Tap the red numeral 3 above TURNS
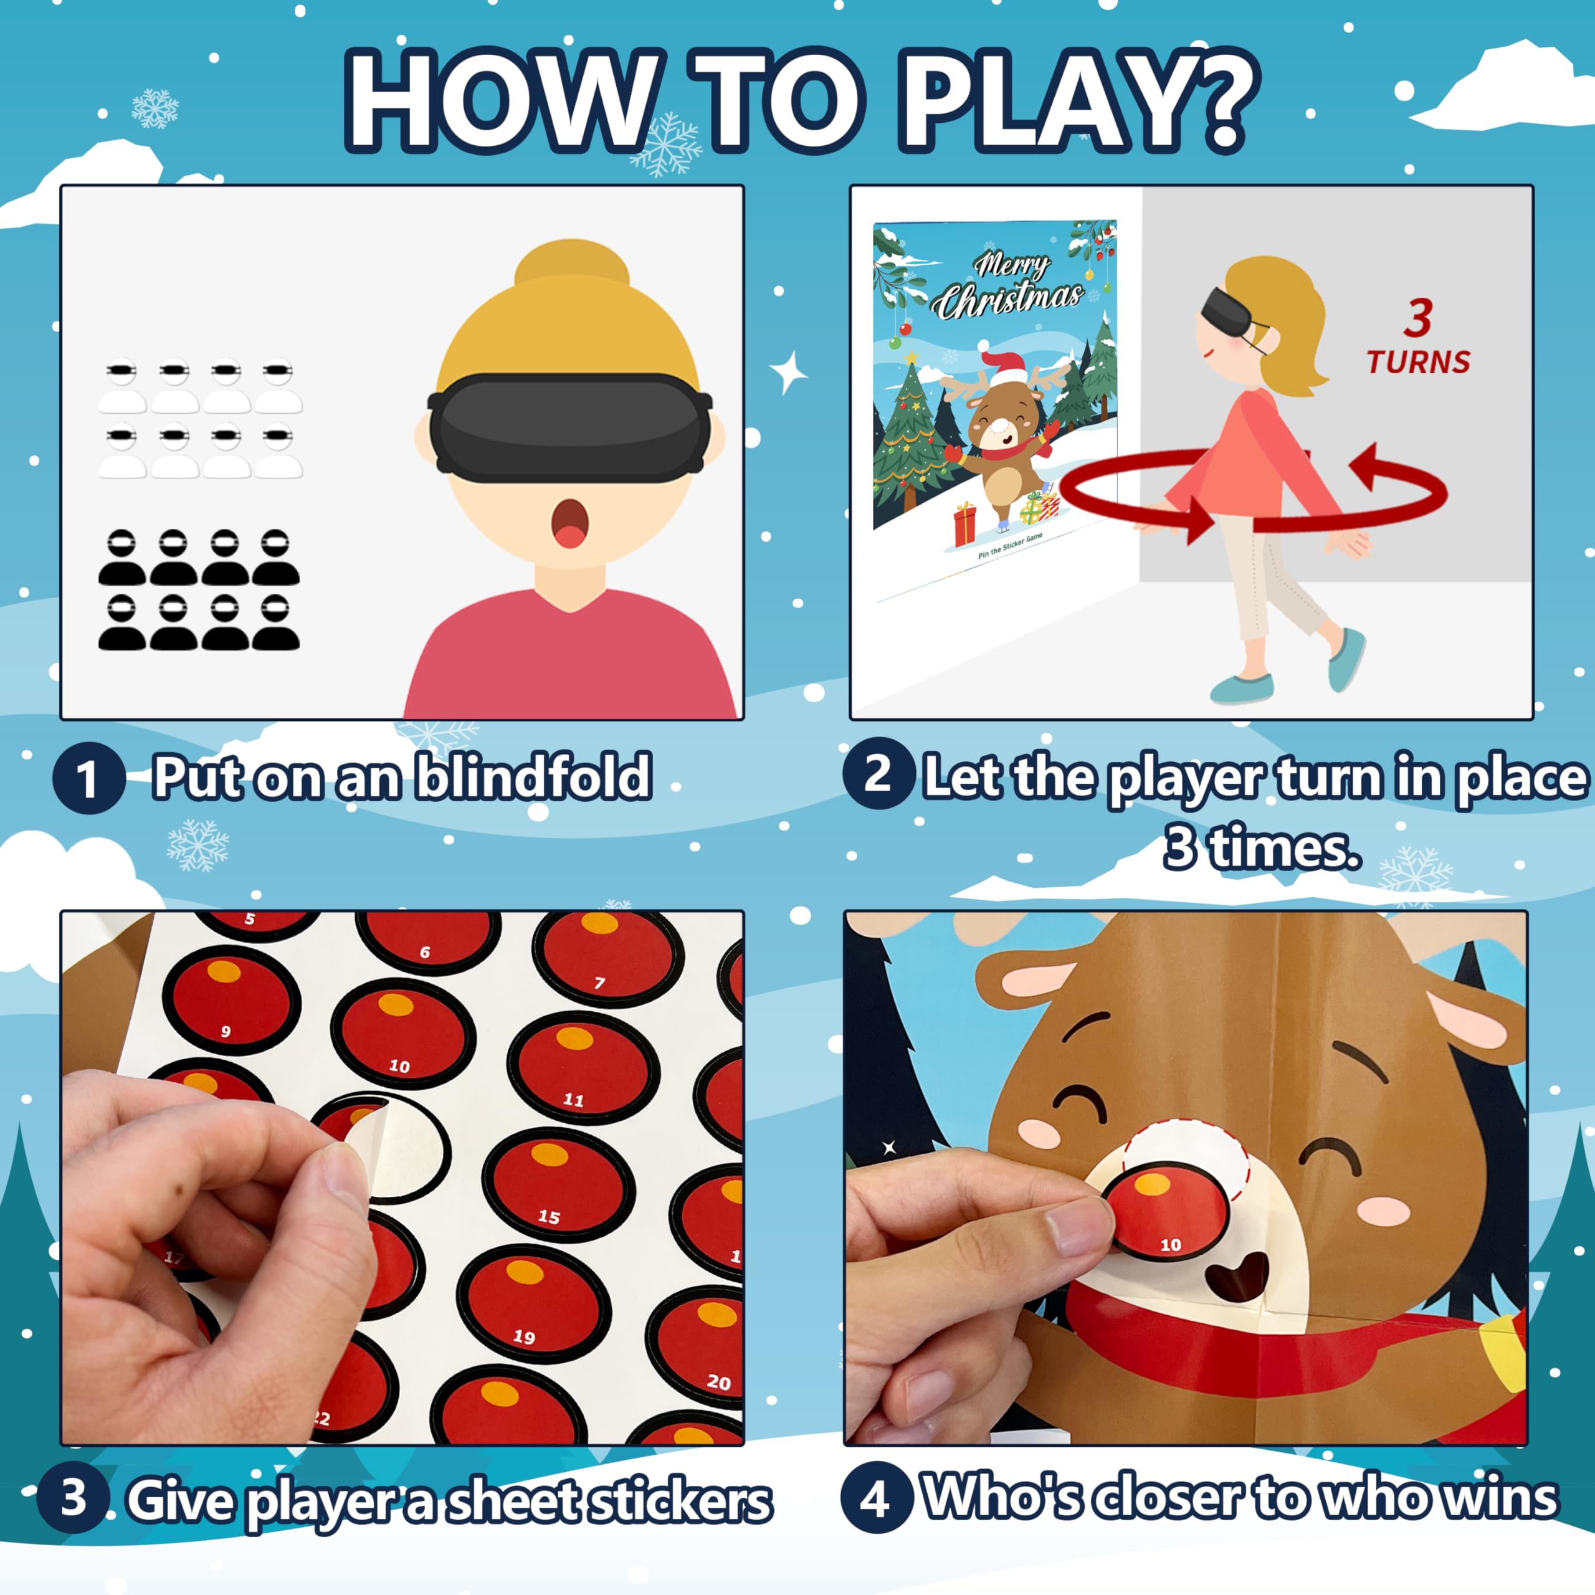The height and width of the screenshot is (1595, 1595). coord(1417,317)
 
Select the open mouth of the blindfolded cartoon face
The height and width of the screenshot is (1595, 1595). coord(569,523)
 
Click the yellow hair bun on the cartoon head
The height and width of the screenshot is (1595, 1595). coord(571,269)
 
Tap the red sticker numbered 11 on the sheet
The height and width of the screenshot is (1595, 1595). coord(583,1071)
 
